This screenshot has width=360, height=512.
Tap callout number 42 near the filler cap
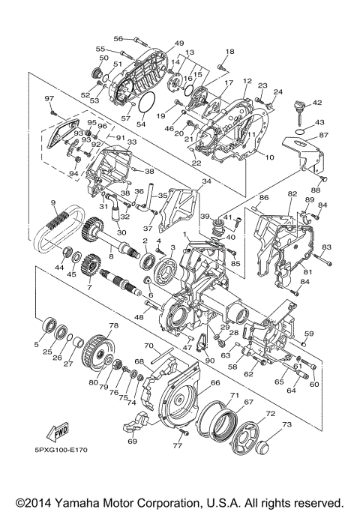(x=316, y=103)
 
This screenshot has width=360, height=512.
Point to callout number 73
(x=286, y=424)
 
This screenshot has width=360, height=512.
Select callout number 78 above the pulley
(x=114, y=325)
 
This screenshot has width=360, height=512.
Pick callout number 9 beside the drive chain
(x=53, y=203)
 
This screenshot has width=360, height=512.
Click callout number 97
(x=49, y=99)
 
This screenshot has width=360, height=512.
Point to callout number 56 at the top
(x=118, y=38)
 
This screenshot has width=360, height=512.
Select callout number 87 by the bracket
(x=323, y=136)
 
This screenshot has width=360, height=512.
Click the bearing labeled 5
(x=52, y=325)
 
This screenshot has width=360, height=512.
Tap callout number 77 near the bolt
(x=177, y=445)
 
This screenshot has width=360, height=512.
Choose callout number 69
(x=132, y=442)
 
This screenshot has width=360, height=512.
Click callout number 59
(x=308, y=333)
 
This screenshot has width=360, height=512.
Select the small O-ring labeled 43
(x=299, y=133)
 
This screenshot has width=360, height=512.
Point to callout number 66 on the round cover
(x=214, y=382)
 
